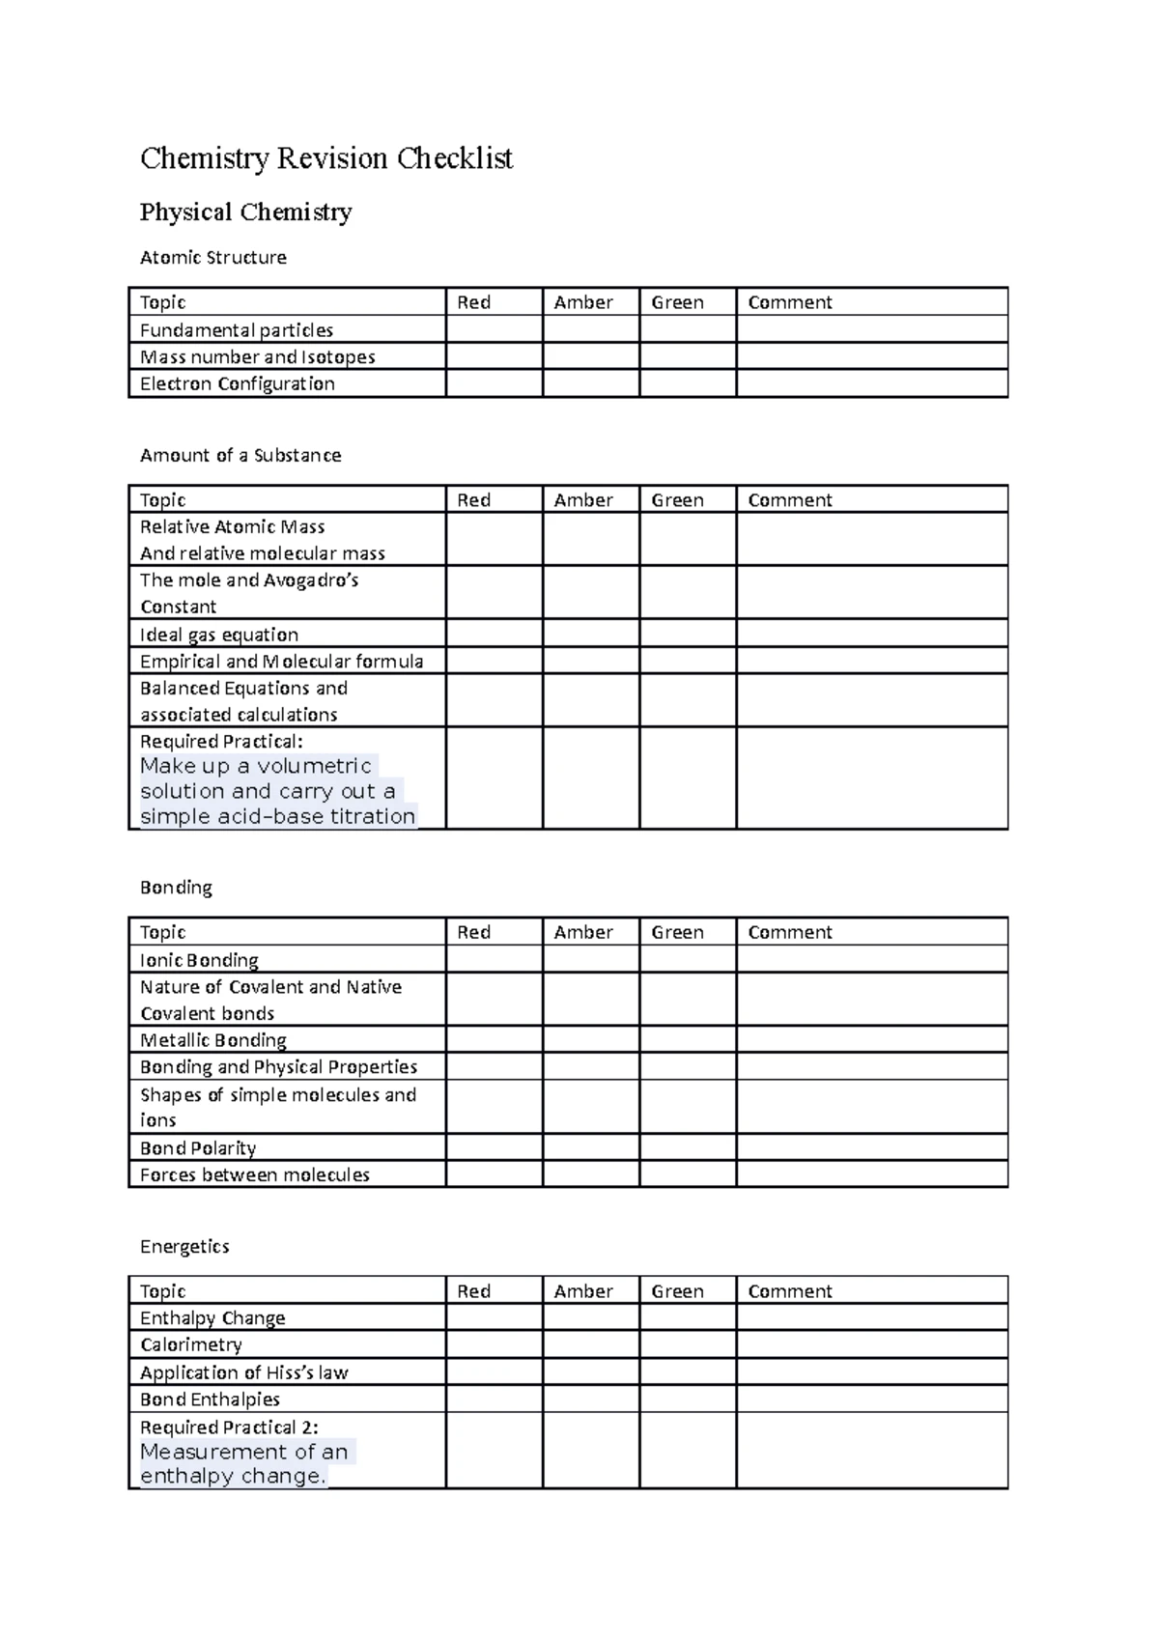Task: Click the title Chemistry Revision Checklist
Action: click(x=326, y=158)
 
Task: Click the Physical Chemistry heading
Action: click(x=245, y=212)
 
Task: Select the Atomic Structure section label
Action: click(x=212, y=258)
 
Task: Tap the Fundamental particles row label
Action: click(x=237, y=330)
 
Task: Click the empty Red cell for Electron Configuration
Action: click(x=494, y=384)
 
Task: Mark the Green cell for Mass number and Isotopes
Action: click(x=687, y=357)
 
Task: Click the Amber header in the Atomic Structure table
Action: click(x=583, y=302)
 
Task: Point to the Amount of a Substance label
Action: click(x=240, y=455)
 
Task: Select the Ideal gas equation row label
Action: click(x=219, y=635)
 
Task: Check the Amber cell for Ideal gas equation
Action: click(x=590, y=635)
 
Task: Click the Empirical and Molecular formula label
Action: click(x=281, y=662)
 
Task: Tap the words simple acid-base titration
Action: click(x=278, y=816)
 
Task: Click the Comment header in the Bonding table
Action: click(x=789, y=932)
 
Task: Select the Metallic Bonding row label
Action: click(x=213, y=1040)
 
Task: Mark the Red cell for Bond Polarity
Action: click(x=494, y=1148)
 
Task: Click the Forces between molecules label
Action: click(x=255, y=1175)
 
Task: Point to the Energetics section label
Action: click(x=184, y=1247)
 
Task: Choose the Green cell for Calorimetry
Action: click(x=687, y=1345)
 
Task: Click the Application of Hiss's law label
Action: click(x=243, y=1372)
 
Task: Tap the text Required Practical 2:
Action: click(x=229, y=1427)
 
